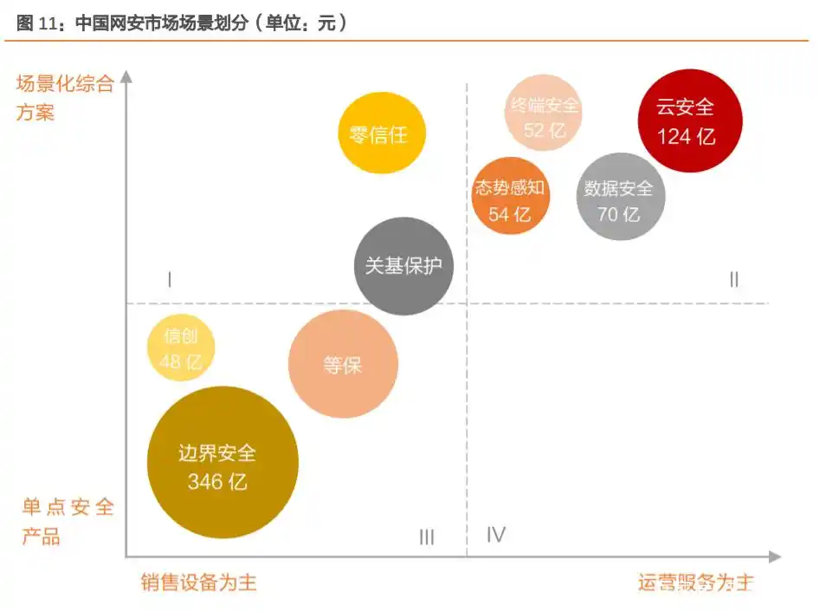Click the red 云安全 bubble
tap(688, 120)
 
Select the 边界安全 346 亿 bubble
tap(222, 462)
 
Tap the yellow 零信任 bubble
tap(381, 133)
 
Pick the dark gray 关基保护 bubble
tap(403, 265)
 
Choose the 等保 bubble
tap(343, 364)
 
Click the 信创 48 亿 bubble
tap(181, 349)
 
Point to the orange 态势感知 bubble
tap(510, 197)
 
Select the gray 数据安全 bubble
tap(620, 199)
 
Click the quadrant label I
tap(170, 279)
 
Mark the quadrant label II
tap(733, 279)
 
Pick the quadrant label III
tap(426, 537)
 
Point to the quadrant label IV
tap(495, 534)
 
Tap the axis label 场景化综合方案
tap(64, 98)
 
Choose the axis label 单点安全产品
tap(68, 521)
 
